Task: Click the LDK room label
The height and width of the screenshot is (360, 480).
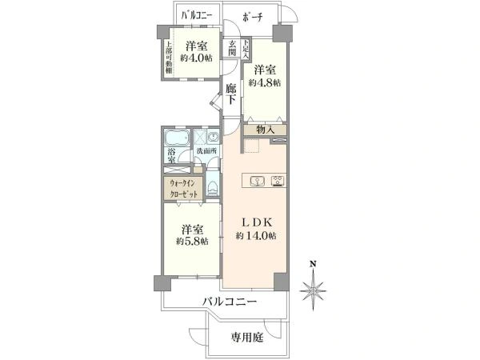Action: coord(256,222)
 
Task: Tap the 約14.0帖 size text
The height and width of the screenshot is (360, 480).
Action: coord(256,236)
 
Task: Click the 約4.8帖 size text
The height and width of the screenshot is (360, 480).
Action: coord(264,82)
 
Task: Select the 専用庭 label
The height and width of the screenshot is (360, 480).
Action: coord(247,337)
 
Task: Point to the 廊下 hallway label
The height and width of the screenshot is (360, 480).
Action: coord(230,94)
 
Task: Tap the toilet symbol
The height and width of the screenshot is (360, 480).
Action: coord(213,187)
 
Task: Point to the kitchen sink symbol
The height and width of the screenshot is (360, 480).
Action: coord(257,180)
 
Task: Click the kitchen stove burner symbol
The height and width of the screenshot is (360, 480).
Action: coord(277,180)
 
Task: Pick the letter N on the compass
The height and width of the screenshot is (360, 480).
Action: coord(314,264)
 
